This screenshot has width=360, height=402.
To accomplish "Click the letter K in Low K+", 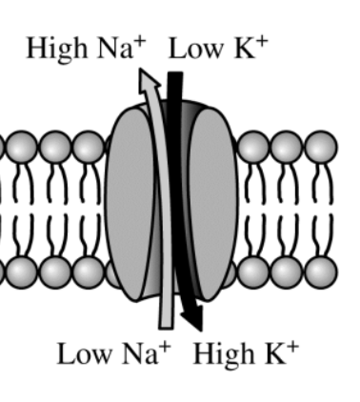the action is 245,49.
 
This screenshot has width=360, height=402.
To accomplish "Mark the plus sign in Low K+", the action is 262,42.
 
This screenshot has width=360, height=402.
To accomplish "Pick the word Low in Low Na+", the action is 85,353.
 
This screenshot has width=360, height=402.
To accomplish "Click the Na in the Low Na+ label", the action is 140,353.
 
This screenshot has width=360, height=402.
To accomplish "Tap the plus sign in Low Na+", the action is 165,347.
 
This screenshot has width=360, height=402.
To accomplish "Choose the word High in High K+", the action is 224,355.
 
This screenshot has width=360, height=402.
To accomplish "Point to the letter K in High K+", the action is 275,353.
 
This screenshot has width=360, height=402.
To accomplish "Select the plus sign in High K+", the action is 292,347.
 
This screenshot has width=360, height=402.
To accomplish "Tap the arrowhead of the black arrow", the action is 193,319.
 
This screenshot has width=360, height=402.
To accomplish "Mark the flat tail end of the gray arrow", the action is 167,328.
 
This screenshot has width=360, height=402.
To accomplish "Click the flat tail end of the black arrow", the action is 175,73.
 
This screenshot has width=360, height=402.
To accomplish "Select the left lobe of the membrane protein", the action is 130,203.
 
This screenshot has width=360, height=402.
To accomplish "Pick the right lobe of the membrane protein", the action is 213,203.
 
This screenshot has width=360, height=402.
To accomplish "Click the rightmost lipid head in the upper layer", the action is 321,147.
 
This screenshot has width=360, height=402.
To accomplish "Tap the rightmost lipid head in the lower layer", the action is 321,272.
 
